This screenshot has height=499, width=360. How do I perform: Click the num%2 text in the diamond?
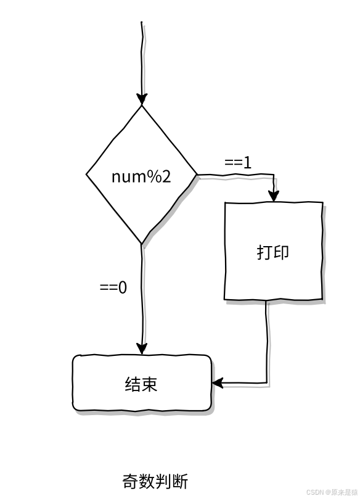[141, 176]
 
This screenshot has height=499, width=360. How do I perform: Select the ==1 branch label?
[238, 163]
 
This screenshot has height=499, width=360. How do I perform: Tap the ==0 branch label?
[113, 287]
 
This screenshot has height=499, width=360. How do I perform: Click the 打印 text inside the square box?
[273, 252]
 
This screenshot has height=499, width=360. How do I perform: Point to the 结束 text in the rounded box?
[141, 384]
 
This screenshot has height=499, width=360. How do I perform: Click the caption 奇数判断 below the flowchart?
[155, 481]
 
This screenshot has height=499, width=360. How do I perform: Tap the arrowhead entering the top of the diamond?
[142, 99]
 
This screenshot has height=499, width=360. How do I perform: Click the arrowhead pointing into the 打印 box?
[274, 196]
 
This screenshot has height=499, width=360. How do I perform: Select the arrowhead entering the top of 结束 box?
[142, 348]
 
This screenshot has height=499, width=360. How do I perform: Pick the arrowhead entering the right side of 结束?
[218, 383]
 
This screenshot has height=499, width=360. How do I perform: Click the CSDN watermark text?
[332, 492]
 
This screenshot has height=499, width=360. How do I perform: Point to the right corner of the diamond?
[197, 175]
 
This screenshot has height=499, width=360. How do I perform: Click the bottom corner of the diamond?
[142, 244]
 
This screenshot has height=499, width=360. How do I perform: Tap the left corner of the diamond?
[86, 174]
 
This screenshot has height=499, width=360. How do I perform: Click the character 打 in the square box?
[264, 252]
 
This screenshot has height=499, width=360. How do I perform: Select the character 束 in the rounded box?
[150, 384]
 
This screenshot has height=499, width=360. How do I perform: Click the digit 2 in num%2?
[166, 176]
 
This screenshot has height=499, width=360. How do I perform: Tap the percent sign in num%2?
[155, 176]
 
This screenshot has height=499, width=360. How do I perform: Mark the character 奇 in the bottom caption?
[131, 481]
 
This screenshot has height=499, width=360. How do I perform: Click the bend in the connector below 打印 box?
[266, 382]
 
